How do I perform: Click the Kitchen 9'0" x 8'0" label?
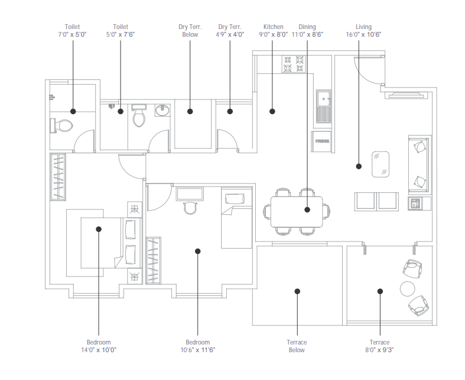[x=273, y=31]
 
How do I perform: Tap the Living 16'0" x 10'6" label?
[x=363, y=31]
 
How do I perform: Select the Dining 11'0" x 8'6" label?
[x=307, y=31]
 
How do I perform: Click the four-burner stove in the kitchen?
[x=293, y=64]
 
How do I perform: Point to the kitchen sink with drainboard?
[x=324, y=107]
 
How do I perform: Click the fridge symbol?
[x=321, y=141]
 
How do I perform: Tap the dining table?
[x=297, y=211]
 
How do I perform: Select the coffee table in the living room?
[x=381, y=165]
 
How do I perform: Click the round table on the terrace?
[x=408, y=289]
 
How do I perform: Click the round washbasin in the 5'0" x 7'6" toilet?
[x=162, y=110]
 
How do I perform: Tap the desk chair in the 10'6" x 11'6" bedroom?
[x=190, y=208]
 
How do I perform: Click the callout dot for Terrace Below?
[x=297, y=291]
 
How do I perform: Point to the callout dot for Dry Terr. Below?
[x=190, y=111]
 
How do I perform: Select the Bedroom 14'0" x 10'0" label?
[x=99, y=346]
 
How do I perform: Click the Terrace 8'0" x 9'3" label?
[x=379, y=346]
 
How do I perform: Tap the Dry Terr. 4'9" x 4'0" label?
[x=230, y=31]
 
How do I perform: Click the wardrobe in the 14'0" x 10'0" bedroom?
[x=58, y=177]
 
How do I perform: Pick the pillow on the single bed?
[x=235, y=198]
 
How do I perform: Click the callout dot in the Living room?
[x=359, y=166]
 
